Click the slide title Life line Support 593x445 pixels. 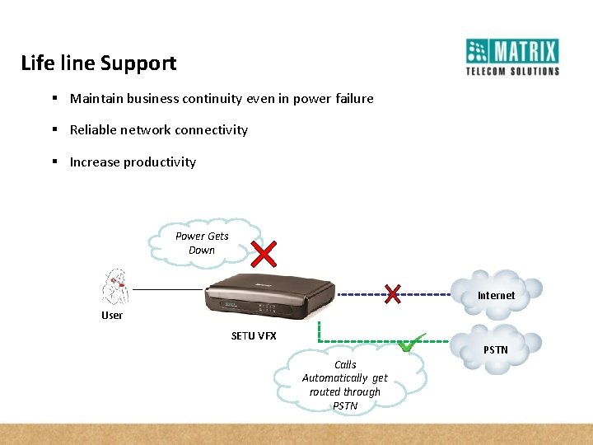tap(98, 63)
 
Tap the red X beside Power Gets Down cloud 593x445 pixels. tap(263, 255)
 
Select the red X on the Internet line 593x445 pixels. tap(394, 293)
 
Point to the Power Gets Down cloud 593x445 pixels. tap(202, 243)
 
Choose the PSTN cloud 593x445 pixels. tap(497, 349)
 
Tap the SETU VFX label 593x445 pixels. tap(254, 336)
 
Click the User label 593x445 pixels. tap(112, 316)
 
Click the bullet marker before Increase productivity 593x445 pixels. tap(53, 162)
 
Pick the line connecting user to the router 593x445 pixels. tap(168, 289)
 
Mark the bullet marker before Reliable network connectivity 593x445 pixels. tap(53, 130)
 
